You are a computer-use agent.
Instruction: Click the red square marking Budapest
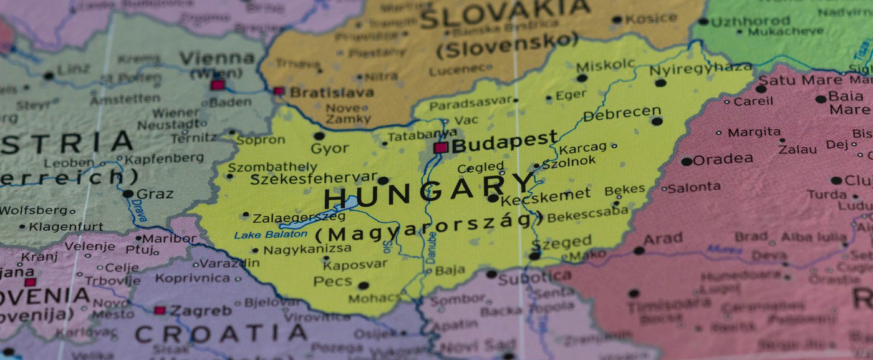[441, 148]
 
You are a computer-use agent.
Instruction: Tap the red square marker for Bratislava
[279, 91]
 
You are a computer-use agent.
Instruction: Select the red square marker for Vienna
[217, 85]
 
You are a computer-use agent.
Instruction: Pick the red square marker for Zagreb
[160, 310]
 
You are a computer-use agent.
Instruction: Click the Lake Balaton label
[271, 235]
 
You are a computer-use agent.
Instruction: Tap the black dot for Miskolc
[582, 78]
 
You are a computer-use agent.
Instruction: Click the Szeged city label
[561, 242]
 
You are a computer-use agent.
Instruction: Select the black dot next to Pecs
[364, 286]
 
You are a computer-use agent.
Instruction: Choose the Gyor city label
[329, 149]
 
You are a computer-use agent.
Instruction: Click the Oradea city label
[723, 160]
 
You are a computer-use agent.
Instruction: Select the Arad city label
[663, 239]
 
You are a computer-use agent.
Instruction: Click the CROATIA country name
[221, 333]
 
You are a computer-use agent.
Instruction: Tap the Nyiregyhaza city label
[701, 68]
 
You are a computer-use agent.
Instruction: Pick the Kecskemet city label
[545, 197]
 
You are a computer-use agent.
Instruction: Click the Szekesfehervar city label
[313, 179]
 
